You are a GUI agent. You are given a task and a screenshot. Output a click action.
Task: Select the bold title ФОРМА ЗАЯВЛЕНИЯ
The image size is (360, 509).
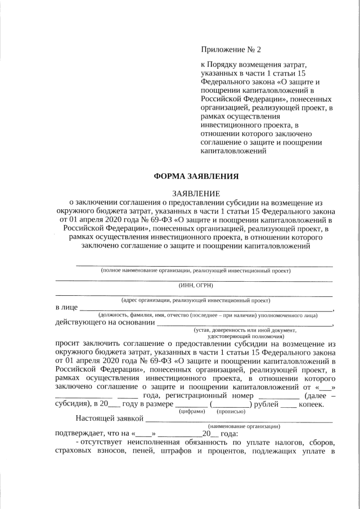pos(196,176)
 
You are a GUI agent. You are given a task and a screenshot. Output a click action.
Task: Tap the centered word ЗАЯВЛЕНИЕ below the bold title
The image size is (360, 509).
pos(196,193)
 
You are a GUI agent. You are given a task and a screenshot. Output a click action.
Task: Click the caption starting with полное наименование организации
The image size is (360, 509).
pos(196,271)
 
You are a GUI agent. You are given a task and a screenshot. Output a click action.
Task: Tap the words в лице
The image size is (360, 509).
pos(66,308)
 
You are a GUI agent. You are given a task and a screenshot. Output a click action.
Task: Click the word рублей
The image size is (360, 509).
pos(266,404)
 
